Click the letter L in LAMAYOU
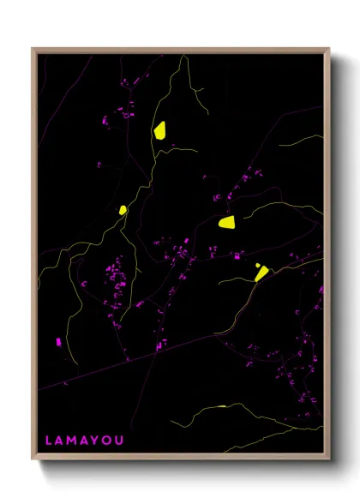(x=49, y=440)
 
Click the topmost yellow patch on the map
(x=159, y=130)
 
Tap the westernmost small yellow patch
(x=123, y=209)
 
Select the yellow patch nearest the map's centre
(x=227, y=223)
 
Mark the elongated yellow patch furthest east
(x=261, y=273)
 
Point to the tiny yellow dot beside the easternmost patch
(x=257, y=265)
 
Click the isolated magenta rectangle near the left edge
(x=58, y=342)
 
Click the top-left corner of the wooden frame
(x=33, y=49)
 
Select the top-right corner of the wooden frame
(x=330, y=49)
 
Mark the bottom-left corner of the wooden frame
(x=33, y=460)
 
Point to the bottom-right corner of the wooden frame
(x=330, y=460)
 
